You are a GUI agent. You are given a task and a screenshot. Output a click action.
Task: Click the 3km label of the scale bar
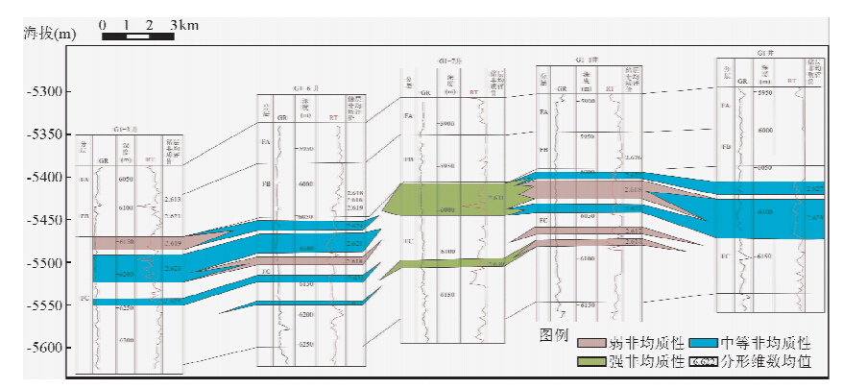click(184, 24)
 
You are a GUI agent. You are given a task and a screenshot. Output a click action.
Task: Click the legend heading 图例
click(554, 335)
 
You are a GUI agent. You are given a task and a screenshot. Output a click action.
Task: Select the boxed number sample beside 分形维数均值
click(705, 362)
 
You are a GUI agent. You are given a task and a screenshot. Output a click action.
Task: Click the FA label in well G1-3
click(84, 180)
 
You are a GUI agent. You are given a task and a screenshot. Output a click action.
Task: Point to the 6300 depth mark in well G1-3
click(127, 340)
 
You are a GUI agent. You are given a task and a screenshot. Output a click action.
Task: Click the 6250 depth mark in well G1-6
click(306, 344)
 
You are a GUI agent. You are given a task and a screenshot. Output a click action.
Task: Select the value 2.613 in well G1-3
click(173, 199)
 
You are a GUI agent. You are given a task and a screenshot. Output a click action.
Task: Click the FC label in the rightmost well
click(726, 256)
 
